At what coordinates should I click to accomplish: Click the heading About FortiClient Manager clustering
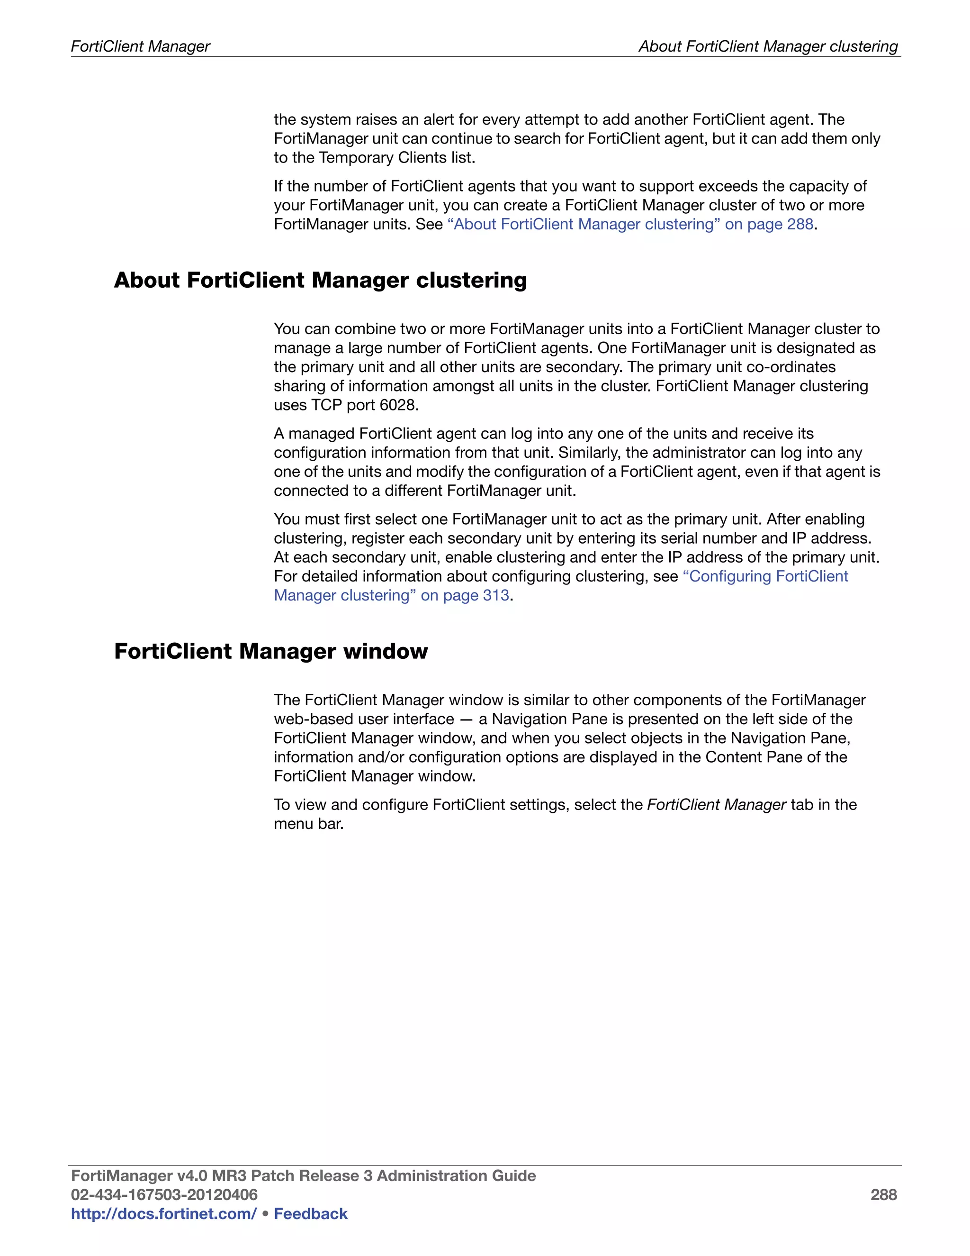click(320, 280)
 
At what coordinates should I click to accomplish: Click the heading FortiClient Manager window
click(270, 651)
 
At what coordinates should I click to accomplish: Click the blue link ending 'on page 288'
click(630, 224)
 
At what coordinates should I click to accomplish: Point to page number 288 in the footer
click(883, 1194)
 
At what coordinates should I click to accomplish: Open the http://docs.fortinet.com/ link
click(163, 1213)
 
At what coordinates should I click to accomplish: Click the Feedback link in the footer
click(310, 1213)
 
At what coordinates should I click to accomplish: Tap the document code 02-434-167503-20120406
click(164, 1194)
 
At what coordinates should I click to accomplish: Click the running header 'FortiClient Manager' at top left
click(140, 46)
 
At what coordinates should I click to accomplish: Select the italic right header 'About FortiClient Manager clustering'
click(768, 46)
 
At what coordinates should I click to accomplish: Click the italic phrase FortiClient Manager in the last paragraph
click(716, 805)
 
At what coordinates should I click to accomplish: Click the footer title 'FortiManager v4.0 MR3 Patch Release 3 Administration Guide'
click(303, 1175)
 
